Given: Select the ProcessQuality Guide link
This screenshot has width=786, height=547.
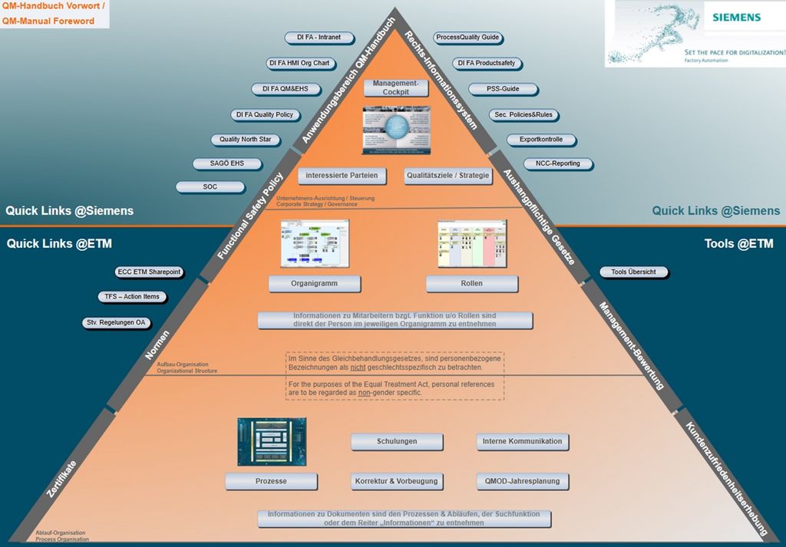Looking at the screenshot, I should pos(467,38).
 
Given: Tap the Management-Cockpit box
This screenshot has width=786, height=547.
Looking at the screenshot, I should pos(396,87).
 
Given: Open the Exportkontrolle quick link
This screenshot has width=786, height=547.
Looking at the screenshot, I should pos(540,140).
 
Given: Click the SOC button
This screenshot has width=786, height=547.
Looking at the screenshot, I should pos(210,187).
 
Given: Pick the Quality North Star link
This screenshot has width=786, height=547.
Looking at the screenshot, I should pos(245,140).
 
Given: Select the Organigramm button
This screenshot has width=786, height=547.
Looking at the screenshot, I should pos(304,284).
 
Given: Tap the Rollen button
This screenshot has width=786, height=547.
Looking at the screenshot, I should pos(471,284).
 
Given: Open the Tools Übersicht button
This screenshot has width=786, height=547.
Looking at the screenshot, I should pos(633,272).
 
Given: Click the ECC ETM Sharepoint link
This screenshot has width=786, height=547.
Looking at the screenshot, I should pos(148,272).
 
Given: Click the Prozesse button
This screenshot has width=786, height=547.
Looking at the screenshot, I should pos(271,482).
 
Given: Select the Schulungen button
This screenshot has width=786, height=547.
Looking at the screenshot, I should pos(397,442).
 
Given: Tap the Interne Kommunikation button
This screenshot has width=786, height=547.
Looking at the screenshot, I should pos(522,442).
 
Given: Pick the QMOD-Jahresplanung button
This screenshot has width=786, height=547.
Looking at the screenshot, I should pos(522,482).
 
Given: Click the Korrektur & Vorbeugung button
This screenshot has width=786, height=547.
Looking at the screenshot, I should pos(396,482).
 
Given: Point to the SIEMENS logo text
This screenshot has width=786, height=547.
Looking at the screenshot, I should pos(735,17).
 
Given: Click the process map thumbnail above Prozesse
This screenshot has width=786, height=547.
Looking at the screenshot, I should pos(272,441).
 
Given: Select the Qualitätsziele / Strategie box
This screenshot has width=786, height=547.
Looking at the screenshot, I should pos(447,176).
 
